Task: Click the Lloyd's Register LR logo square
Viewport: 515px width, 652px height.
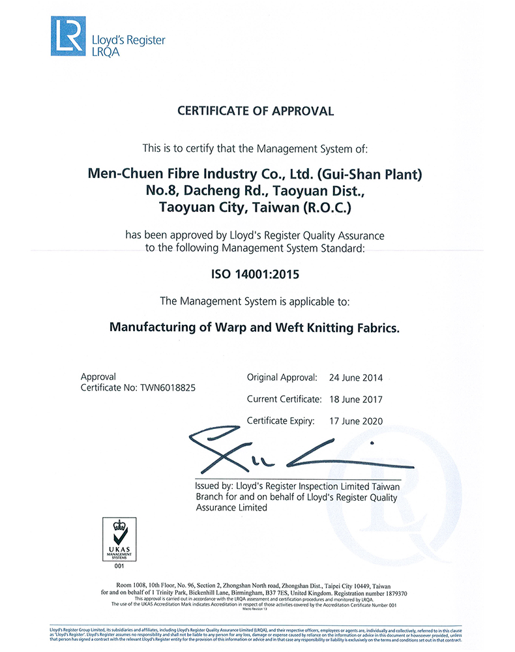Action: point(68,37)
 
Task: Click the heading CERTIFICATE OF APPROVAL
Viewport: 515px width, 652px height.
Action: point(256,111)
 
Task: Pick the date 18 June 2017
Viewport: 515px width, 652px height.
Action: point(357,399)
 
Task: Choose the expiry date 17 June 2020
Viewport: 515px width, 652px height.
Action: point(357,421)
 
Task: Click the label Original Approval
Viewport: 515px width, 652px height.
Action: point(282,378)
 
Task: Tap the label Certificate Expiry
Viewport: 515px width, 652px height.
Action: point(280,421)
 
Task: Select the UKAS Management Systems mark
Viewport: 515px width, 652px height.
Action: point(119,541)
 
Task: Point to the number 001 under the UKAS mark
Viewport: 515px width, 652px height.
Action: point(119,567)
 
